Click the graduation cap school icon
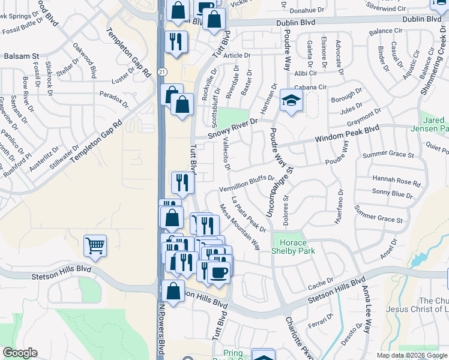click(x=292, y=100)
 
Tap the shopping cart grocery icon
click(x=95, y=245)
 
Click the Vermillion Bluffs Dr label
click(x=246, y=184)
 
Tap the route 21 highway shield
click(x=162, y=71)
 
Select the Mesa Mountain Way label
click(x=239, y=227)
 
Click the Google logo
click(x=20, y=353)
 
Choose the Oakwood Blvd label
click(x=85, y=61)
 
